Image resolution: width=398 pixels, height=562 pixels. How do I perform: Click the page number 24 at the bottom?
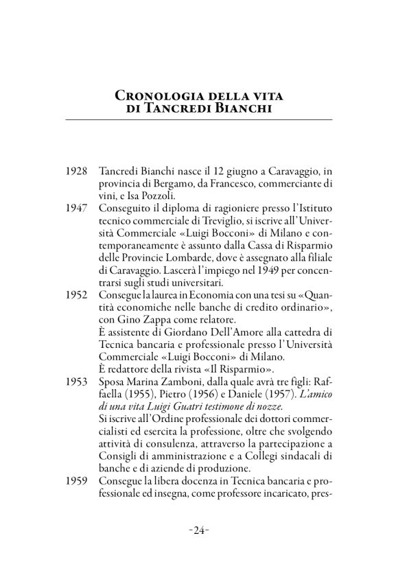click(199, 530)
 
